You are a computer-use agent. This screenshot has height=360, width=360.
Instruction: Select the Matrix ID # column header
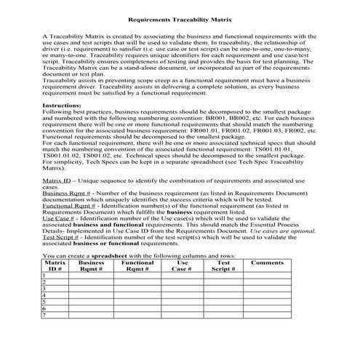click(x=55, y=265)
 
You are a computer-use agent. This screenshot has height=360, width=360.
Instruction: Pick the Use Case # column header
click(x=182, y=265)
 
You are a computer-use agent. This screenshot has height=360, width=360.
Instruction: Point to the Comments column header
click(x=267, y=262)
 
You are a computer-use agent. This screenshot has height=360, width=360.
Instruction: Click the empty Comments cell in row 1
click(x=267, y=276)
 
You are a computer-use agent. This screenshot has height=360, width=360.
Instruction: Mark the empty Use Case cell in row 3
click(x=182, y=289)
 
